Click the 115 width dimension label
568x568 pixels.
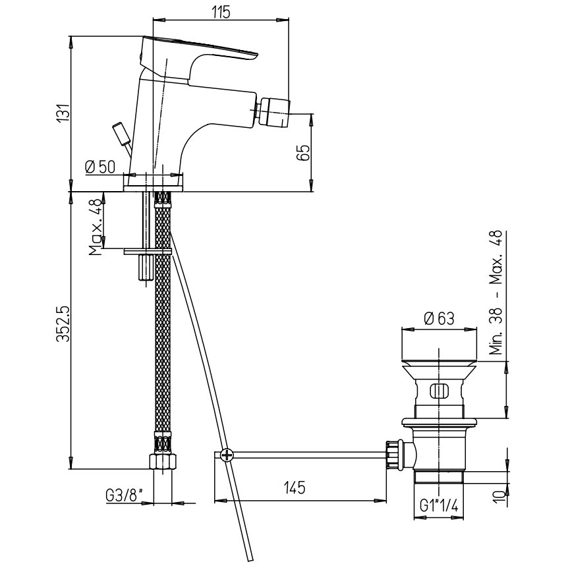[221, 12]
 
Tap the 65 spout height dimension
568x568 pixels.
[303, 152]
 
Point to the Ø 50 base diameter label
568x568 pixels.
[100, 167]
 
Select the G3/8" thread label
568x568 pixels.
[125, 496]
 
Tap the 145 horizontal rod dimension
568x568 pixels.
[295, 488]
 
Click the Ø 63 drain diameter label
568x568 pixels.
[439, 319]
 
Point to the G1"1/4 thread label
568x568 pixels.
[439, 505]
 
